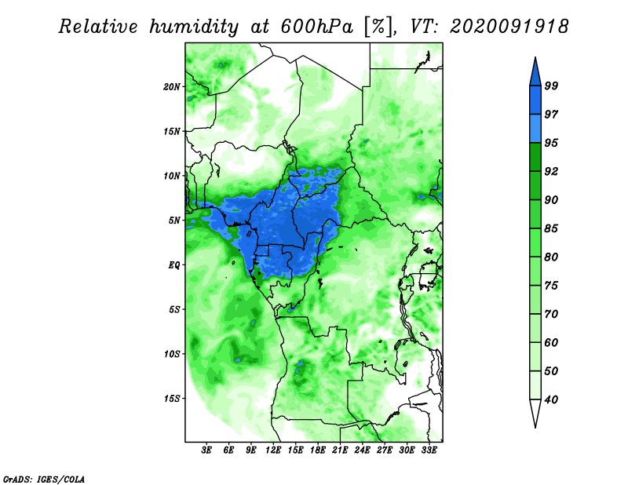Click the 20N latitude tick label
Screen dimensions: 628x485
pyautogui.click(x=171, y=87)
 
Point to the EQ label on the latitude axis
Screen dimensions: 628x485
pyautogui.click(x=174, y=265)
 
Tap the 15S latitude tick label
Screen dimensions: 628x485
pyautogui.click(x=171, y=399)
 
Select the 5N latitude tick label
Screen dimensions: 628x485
pyautogui.click(x=174, y=221)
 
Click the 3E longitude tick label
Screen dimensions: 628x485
pyautogui.click(x=206, y=450)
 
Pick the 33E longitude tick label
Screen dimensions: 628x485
pyautogui.click(x=429, y=450)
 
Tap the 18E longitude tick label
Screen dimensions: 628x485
pyautogui.click(x=318, y=450)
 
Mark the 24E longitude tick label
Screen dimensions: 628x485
pyautogui.click(x=362, y=450)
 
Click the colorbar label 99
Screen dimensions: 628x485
pyautogui.click(x=551, y=86)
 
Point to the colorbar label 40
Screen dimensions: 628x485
pyautogui.click(x=551, y=399)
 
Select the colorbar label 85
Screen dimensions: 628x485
pyautogui.click(x=551, y=228)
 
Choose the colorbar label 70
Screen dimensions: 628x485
pyautogui.click(x=551, y=314)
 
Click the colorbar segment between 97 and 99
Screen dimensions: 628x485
pyautogui.click(x=535, y=100)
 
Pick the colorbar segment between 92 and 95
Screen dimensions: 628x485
pyautogui.click(x=535, y=157)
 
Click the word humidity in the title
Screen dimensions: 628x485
pyautogui.click(x=194, y=27)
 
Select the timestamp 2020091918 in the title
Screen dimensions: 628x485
pyautogui.click(x=509, y=27)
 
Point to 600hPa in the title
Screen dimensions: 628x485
pyautogui.click(x=317, y=27)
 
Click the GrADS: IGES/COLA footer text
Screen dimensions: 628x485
pyautogui.click(x=44, y=479)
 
